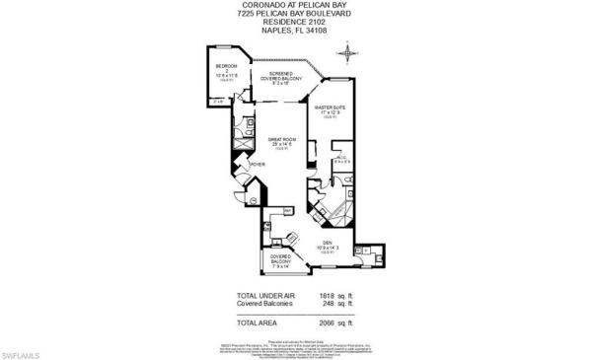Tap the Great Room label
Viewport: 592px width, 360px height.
[281, 144]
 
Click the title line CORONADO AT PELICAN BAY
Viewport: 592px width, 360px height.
[296, 5]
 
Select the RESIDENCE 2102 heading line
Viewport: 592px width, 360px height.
[296, 21]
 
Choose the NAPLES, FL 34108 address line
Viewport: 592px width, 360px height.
[296, 29]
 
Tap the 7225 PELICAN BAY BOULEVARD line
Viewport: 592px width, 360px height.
[296, 13]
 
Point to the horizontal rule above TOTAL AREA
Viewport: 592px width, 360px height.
[296, 312]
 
